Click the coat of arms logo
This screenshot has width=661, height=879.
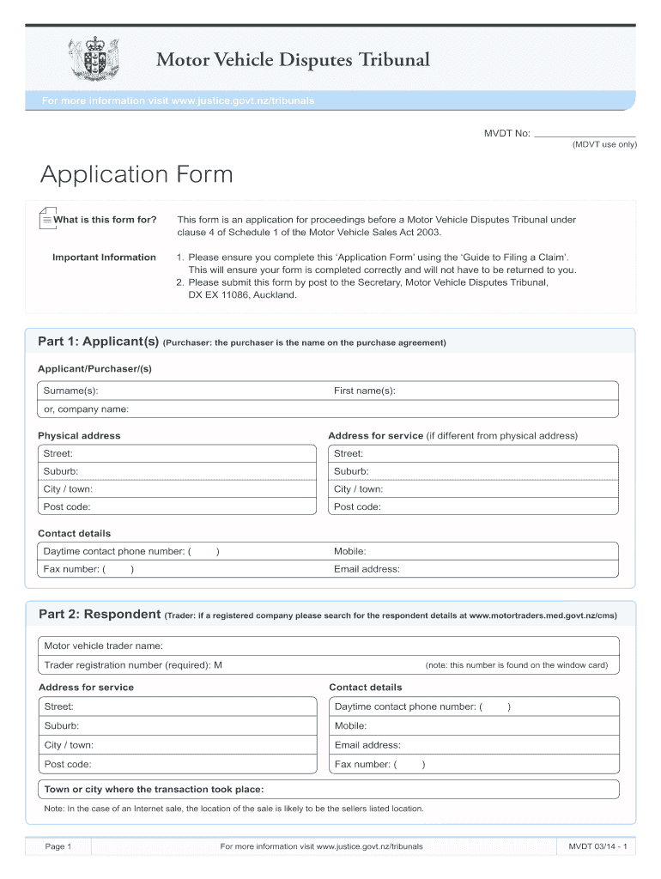point(92,57)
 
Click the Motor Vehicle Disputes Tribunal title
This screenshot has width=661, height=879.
point(292,60)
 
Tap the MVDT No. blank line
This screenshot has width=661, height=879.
point(585,134)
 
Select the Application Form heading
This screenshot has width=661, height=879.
point(136,175)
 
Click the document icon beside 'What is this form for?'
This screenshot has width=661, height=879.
point(46,219)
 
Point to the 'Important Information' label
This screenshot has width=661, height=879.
point(104,258)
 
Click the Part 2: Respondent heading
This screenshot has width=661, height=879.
point(100,615)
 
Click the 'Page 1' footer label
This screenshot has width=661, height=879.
point(58,847)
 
